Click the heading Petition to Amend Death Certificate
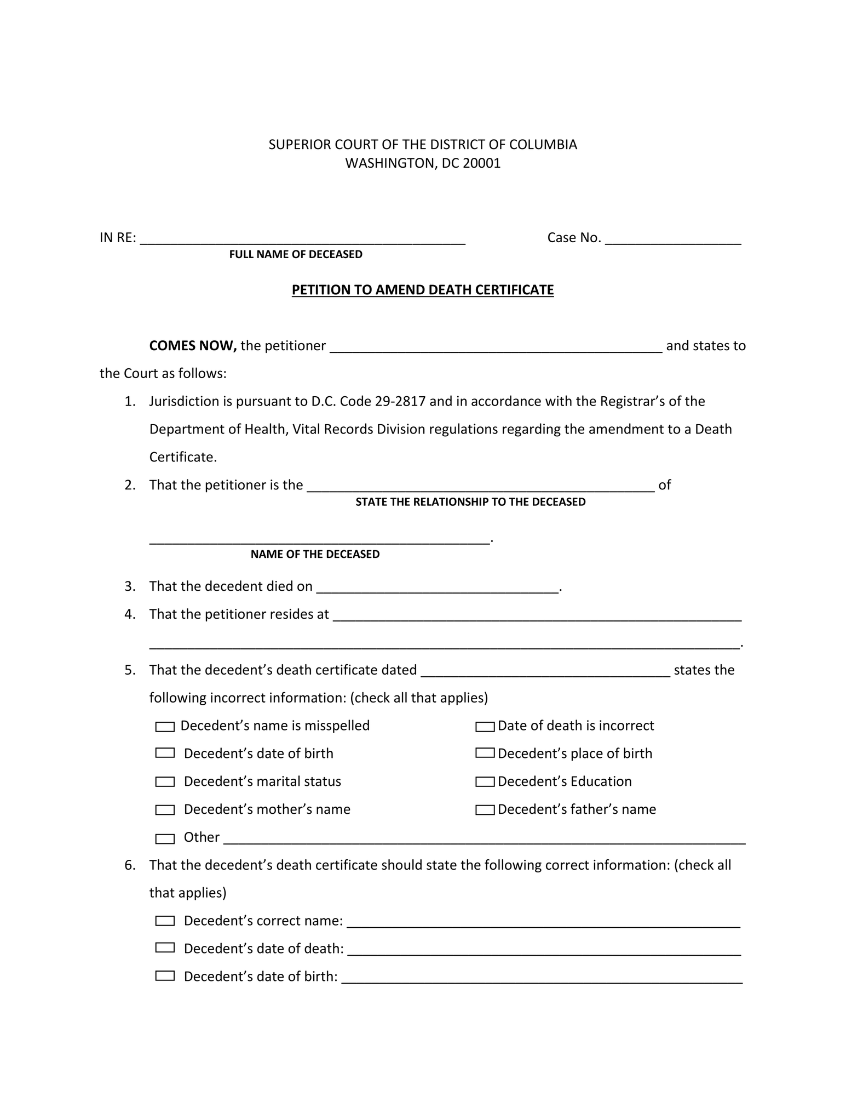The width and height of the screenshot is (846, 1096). tap(422, 290)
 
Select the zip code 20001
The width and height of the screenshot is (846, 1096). tap(481, 163)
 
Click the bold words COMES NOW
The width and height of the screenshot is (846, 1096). tap(193, 346)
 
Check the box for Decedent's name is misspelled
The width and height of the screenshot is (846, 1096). tap(165, 727)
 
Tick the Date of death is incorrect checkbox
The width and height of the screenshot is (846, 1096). tap(485, 727)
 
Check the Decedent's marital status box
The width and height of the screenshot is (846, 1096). tap(165, 782)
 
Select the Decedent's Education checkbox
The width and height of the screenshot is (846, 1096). tap(485, 782)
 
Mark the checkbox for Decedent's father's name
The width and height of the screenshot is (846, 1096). tap(485, 810)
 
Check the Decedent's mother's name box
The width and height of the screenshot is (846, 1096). tap(165, 810)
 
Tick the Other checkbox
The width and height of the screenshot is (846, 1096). tap(165, 838)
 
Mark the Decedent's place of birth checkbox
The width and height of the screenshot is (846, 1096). tap(485, 753)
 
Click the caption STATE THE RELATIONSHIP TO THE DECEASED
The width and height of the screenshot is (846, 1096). tap(470, 502)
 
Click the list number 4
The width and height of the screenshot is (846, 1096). tap(130, 614)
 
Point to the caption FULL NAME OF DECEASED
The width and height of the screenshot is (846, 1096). tap(296, 254)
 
